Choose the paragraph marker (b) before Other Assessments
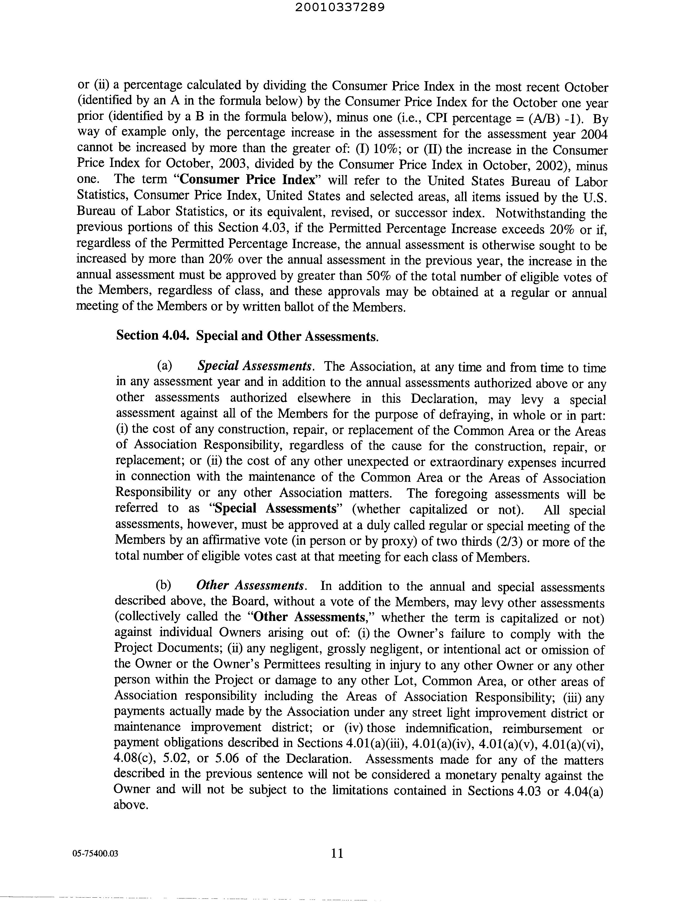[x=164, y=585]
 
